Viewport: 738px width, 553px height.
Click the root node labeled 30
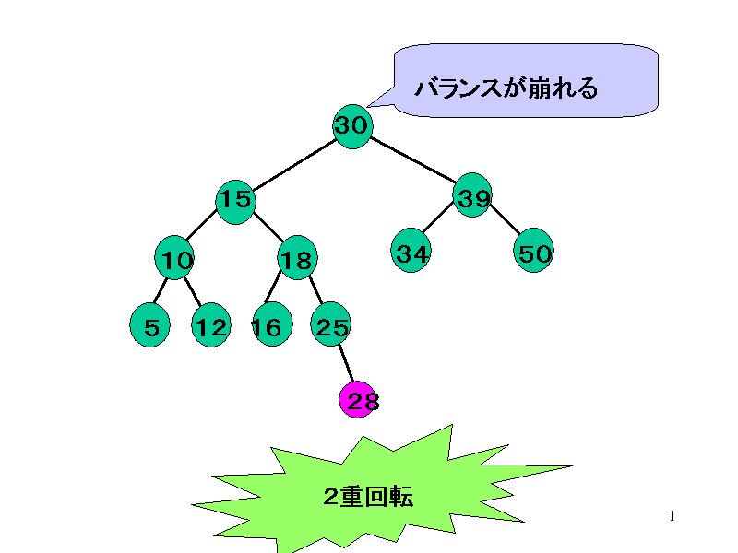[352, 126]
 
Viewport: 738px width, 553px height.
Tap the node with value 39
[472, 195]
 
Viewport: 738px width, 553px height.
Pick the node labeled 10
[174, 261]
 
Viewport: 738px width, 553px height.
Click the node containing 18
[297, 261]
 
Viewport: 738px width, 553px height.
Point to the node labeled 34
[411, 253]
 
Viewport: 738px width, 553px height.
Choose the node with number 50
[534, 253]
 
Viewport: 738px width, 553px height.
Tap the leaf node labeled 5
[150, 326]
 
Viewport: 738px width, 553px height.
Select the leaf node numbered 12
[210, 326]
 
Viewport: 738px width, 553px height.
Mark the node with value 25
[330, 326]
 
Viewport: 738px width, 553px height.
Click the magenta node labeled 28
[359, 400]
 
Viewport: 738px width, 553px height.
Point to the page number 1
[672, 516]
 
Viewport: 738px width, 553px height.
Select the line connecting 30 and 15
[293, 164]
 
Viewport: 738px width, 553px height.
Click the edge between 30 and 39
[413, 161]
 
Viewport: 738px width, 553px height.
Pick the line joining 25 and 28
[345, 363]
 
